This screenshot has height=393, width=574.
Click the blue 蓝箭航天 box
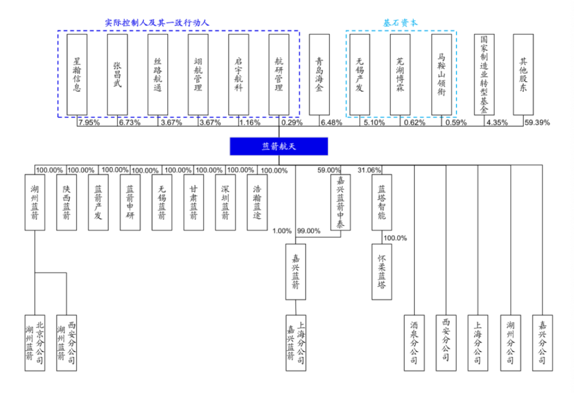point(279,147)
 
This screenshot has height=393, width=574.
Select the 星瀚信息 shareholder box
point(77,74)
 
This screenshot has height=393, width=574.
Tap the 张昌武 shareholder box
point(117,74)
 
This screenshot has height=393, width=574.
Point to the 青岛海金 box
point(319,74)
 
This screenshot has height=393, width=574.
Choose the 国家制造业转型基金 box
point(484,74)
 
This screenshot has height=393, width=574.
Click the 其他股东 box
point(523,74)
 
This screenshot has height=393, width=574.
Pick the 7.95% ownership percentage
point(89,123)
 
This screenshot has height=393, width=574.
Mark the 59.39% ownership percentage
point(537,123)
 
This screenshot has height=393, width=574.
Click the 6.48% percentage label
point(331,123)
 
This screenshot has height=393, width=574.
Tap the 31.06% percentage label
point(369,170)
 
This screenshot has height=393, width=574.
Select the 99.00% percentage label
point(308,231)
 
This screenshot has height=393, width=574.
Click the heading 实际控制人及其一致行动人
point(157,23)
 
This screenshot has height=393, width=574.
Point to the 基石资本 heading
point(401,23)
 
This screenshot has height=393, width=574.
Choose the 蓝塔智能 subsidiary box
point(382,202)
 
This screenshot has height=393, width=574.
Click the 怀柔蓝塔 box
point(382,271)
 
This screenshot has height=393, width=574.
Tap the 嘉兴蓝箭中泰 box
point(340,202)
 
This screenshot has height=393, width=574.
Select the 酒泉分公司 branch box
point(414,341)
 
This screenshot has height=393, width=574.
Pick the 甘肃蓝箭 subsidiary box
point(193,202)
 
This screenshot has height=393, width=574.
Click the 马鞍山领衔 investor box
point(441,74)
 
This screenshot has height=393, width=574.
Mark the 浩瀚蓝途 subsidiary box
point(257,202)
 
